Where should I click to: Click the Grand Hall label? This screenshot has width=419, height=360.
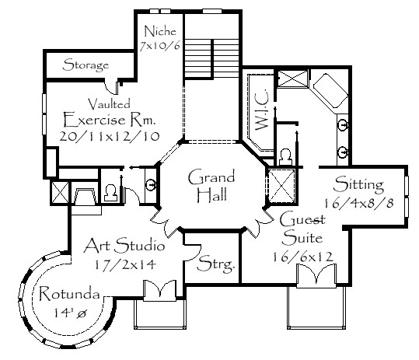212,186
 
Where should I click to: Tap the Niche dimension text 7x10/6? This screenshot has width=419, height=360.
160,46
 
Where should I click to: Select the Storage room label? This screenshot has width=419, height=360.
86,65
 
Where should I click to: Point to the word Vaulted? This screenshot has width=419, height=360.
110,103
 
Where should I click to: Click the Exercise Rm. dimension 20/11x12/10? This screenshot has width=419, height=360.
110,136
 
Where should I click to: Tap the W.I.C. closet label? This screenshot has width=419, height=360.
262,110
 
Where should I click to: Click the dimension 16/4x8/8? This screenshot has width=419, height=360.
359,204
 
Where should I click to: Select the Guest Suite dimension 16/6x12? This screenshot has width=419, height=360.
302,257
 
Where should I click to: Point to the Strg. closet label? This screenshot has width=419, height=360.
215,264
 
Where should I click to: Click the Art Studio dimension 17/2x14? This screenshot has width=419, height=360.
125,264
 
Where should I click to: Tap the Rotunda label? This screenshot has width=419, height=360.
69,293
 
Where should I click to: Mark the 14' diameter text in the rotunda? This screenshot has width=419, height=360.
70,313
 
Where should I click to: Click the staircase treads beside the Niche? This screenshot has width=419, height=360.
211,58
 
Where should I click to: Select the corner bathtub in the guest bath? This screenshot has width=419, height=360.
330,91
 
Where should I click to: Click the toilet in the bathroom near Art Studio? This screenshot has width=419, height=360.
110,193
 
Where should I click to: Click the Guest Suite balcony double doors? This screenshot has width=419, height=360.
316,275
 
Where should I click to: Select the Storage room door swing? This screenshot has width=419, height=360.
111,87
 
